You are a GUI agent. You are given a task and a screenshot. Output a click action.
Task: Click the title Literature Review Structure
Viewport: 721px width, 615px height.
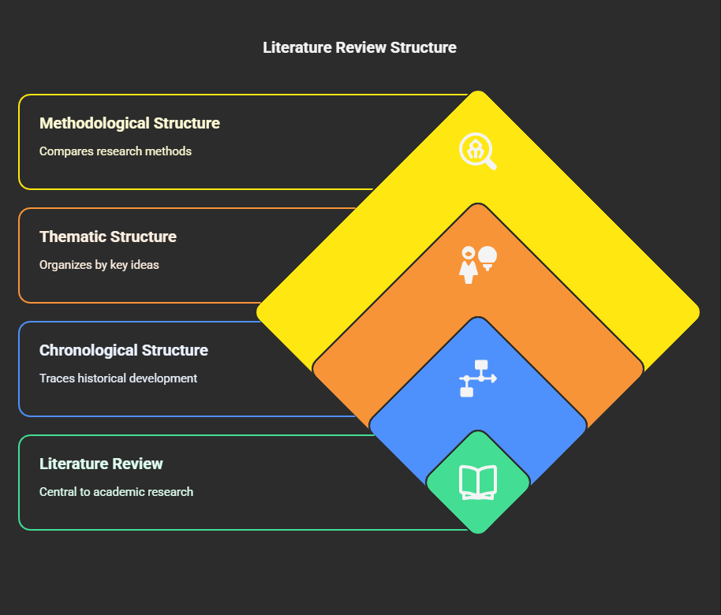[360, 47]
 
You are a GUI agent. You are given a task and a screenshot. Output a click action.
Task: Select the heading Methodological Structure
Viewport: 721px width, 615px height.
[129, 123]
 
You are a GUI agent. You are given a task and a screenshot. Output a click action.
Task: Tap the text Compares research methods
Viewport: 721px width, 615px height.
[115, 151]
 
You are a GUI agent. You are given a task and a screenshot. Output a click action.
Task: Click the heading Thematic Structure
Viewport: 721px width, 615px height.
[108, 237]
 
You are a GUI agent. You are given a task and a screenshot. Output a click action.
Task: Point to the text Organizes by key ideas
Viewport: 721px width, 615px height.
[99, 265]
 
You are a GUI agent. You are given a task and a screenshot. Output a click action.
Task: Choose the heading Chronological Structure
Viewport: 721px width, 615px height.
[124, 350]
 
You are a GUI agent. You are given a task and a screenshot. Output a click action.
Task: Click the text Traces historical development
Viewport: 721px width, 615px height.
[118, 378]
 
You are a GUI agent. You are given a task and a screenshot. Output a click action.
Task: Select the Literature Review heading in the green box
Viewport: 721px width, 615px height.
[101, 464]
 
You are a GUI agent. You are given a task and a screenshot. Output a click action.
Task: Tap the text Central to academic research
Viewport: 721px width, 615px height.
[116, 492]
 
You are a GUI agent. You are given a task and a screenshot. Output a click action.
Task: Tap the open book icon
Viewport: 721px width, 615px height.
[478, 483]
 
